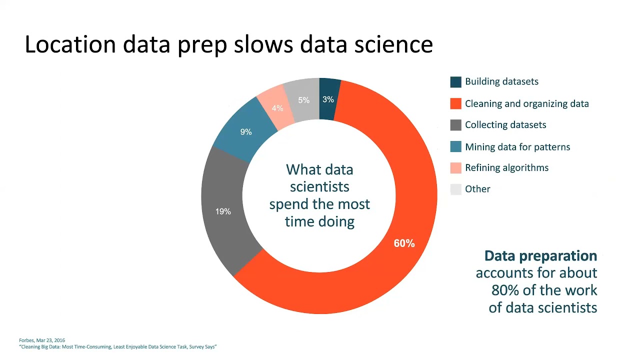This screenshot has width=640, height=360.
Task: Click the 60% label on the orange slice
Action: coord(404,243)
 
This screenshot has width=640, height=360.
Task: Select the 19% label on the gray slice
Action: coord(223,211)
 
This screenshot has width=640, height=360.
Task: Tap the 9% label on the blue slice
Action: coord(246,132)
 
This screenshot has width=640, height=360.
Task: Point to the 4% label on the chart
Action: coord(277,108)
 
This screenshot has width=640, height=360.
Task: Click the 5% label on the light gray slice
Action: coord(303,100)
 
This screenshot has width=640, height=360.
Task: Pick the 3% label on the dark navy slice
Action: coord(328,99)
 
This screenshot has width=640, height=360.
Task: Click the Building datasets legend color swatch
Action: coord(455,82)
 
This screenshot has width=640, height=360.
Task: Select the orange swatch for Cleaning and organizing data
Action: coord(455,104)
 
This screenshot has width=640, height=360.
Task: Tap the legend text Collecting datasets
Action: coord(505,125)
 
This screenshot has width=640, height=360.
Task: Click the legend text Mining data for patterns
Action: coord(517,147)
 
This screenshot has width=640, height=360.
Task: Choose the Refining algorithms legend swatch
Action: coord(455,168)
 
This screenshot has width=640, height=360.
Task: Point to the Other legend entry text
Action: coord(477,189)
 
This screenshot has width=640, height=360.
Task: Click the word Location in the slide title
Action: coord(70,44)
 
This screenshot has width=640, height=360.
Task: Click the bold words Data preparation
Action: coord(540,256)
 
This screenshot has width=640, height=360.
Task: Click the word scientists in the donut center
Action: coord(319,186)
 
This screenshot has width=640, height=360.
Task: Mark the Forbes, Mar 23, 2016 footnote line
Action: coord(42,340)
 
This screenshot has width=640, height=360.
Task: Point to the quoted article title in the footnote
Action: coord(118,346)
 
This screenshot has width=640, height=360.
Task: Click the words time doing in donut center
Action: coord(319,221)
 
